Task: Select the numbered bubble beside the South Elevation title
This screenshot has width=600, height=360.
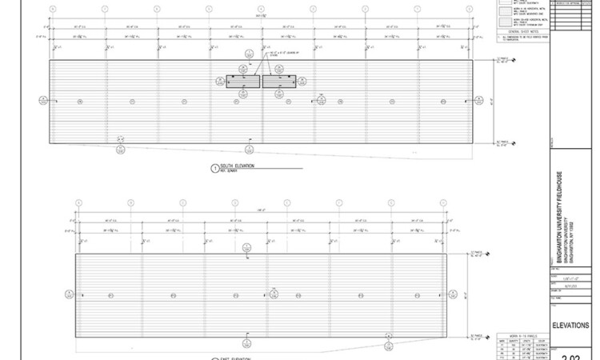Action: coord(214,168)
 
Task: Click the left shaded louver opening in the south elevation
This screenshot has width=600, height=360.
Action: coord(243,81)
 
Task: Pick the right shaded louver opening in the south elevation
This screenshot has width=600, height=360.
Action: coord(279,81)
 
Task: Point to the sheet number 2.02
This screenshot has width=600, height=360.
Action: coord(571,354)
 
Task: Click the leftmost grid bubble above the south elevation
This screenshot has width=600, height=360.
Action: coord(53,9)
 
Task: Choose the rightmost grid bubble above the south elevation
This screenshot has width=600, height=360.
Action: coord(468,9)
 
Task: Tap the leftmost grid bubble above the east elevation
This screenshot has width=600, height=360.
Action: coord(78,202)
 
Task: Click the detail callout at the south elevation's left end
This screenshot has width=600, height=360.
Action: coord(42,100)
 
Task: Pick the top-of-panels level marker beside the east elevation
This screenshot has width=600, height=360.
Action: coord(480,254)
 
